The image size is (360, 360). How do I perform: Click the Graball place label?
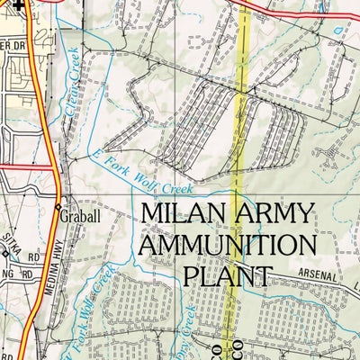pyautogui.click(x=83, y=216)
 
